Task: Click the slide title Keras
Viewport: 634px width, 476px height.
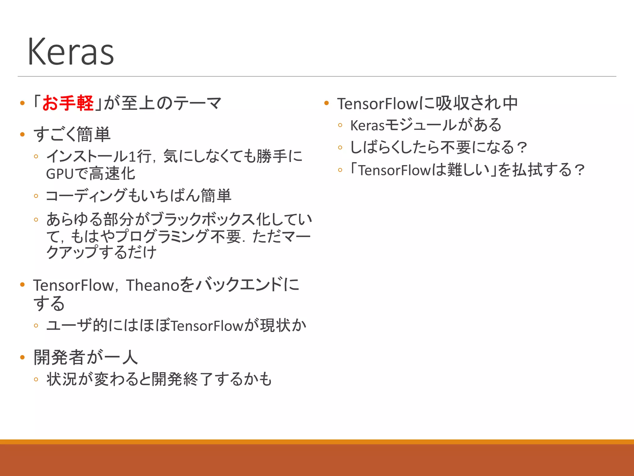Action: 71,52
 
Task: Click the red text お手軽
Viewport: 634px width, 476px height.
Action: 68,103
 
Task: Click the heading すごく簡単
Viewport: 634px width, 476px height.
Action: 72,134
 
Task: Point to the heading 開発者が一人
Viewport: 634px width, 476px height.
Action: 85,357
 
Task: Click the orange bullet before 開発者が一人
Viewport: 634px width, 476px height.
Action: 22,357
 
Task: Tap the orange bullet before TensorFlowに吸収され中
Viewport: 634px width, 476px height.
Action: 326,103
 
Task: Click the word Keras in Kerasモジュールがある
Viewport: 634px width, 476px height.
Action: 367,126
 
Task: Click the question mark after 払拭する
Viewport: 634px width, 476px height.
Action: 579,170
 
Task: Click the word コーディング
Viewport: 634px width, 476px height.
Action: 86,196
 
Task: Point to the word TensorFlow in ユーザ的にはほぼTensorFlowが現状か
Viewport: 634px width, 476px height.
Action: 207,326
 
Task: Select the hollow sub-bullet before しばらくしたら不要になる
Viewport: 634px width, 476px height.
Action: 340,148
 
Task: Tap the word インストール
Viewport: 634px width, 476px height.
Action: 87,156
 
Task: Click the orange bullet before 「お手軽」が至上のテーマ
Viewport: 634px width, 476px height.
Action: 22,103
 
